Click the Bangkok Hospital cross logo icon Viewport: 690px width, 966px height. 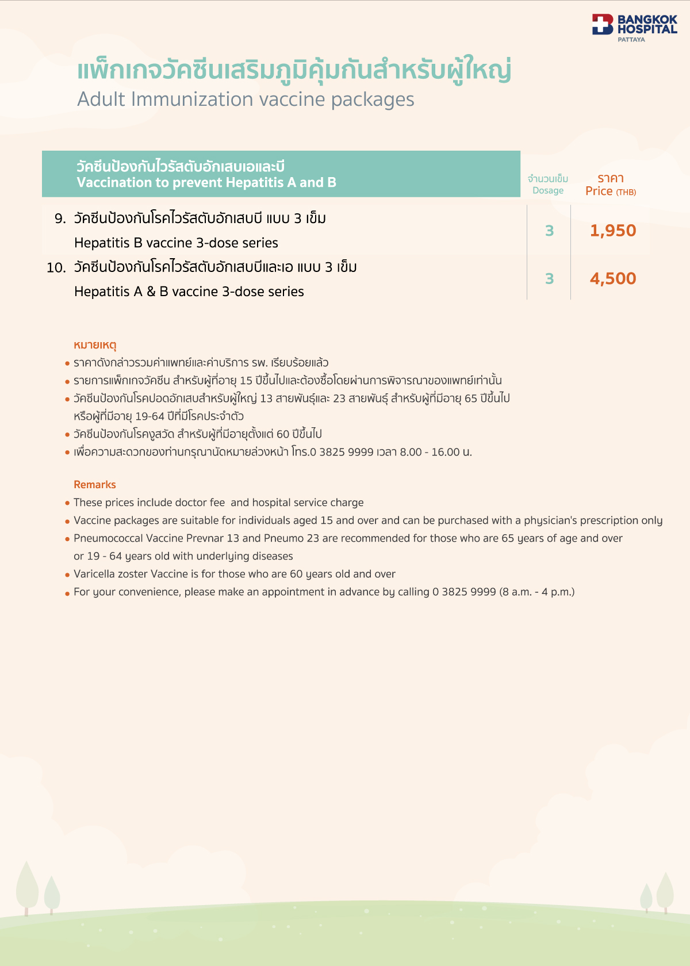point(603,24)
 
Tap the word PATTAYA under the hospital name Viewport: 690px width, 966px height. point(631,40)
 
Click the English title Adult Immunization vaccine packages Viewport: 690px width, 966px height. point(246,99)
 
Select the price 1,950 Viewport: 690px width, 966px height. point(613,231)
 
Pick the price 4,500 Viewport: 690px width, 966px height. point(613,279)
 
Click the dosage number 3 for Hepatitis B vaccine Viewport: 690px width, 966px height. point(549,231)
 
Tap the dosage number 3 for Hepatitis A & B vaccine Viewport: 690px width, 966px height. point(549,279)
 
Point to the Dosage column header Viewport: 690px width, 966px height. point(548,190)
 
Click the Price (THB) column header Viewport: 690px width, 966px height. point(611,191)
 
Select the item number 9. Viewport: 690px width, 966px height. point(60,218)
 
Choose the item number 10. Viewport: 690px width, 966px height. point(56,268)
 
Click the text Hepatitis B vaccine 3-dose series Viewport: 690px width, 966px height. point(176,243)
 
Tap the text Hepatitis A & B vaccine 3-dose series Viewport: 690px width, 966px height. point(189,292)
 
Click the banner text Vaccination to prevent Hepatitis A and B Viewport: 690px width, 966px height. point(206,183)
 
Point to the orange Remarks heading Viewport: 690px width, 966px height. point(95,485)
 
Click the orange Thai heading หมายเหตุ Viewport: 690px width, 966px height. point(95,345)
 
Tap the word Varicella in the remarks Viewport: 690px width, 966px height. point(93,574)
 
